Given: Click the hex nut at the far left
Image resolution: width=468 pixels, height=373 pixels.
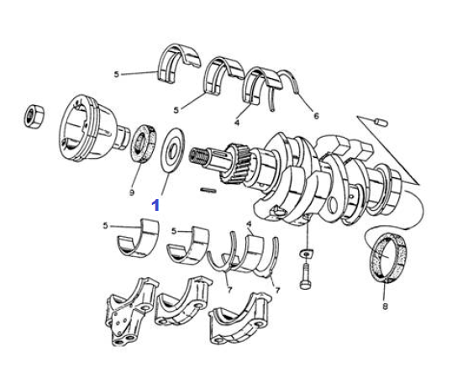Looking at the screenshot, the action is point(34,117).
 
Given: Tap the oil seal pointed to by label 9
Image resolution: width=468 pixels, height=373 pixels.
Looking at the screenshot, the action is point(144,144).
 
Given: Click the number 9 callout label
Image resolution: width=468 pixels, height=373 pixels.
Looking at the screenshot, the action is point(131,193).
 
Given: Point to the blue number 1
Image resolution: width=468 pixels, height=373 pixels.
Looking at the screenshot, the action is point(155,206).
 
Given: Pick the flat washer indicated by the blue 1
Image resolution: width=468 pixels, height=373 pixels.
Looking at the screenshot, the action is point(172,150).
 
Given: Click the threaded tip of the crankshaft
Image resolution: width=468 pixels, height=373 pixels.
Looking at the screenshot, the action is point(197,155).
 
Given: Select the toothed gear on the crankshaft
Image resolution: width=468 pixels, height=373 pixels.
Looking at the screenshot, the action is point(234,164).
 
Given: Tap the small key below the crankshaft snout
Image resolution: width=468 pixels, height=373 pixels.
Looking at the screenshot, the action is point(208,190).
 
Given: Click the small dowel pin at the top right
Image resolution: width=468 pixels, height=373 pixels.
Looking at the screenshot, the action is point(381,123).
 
